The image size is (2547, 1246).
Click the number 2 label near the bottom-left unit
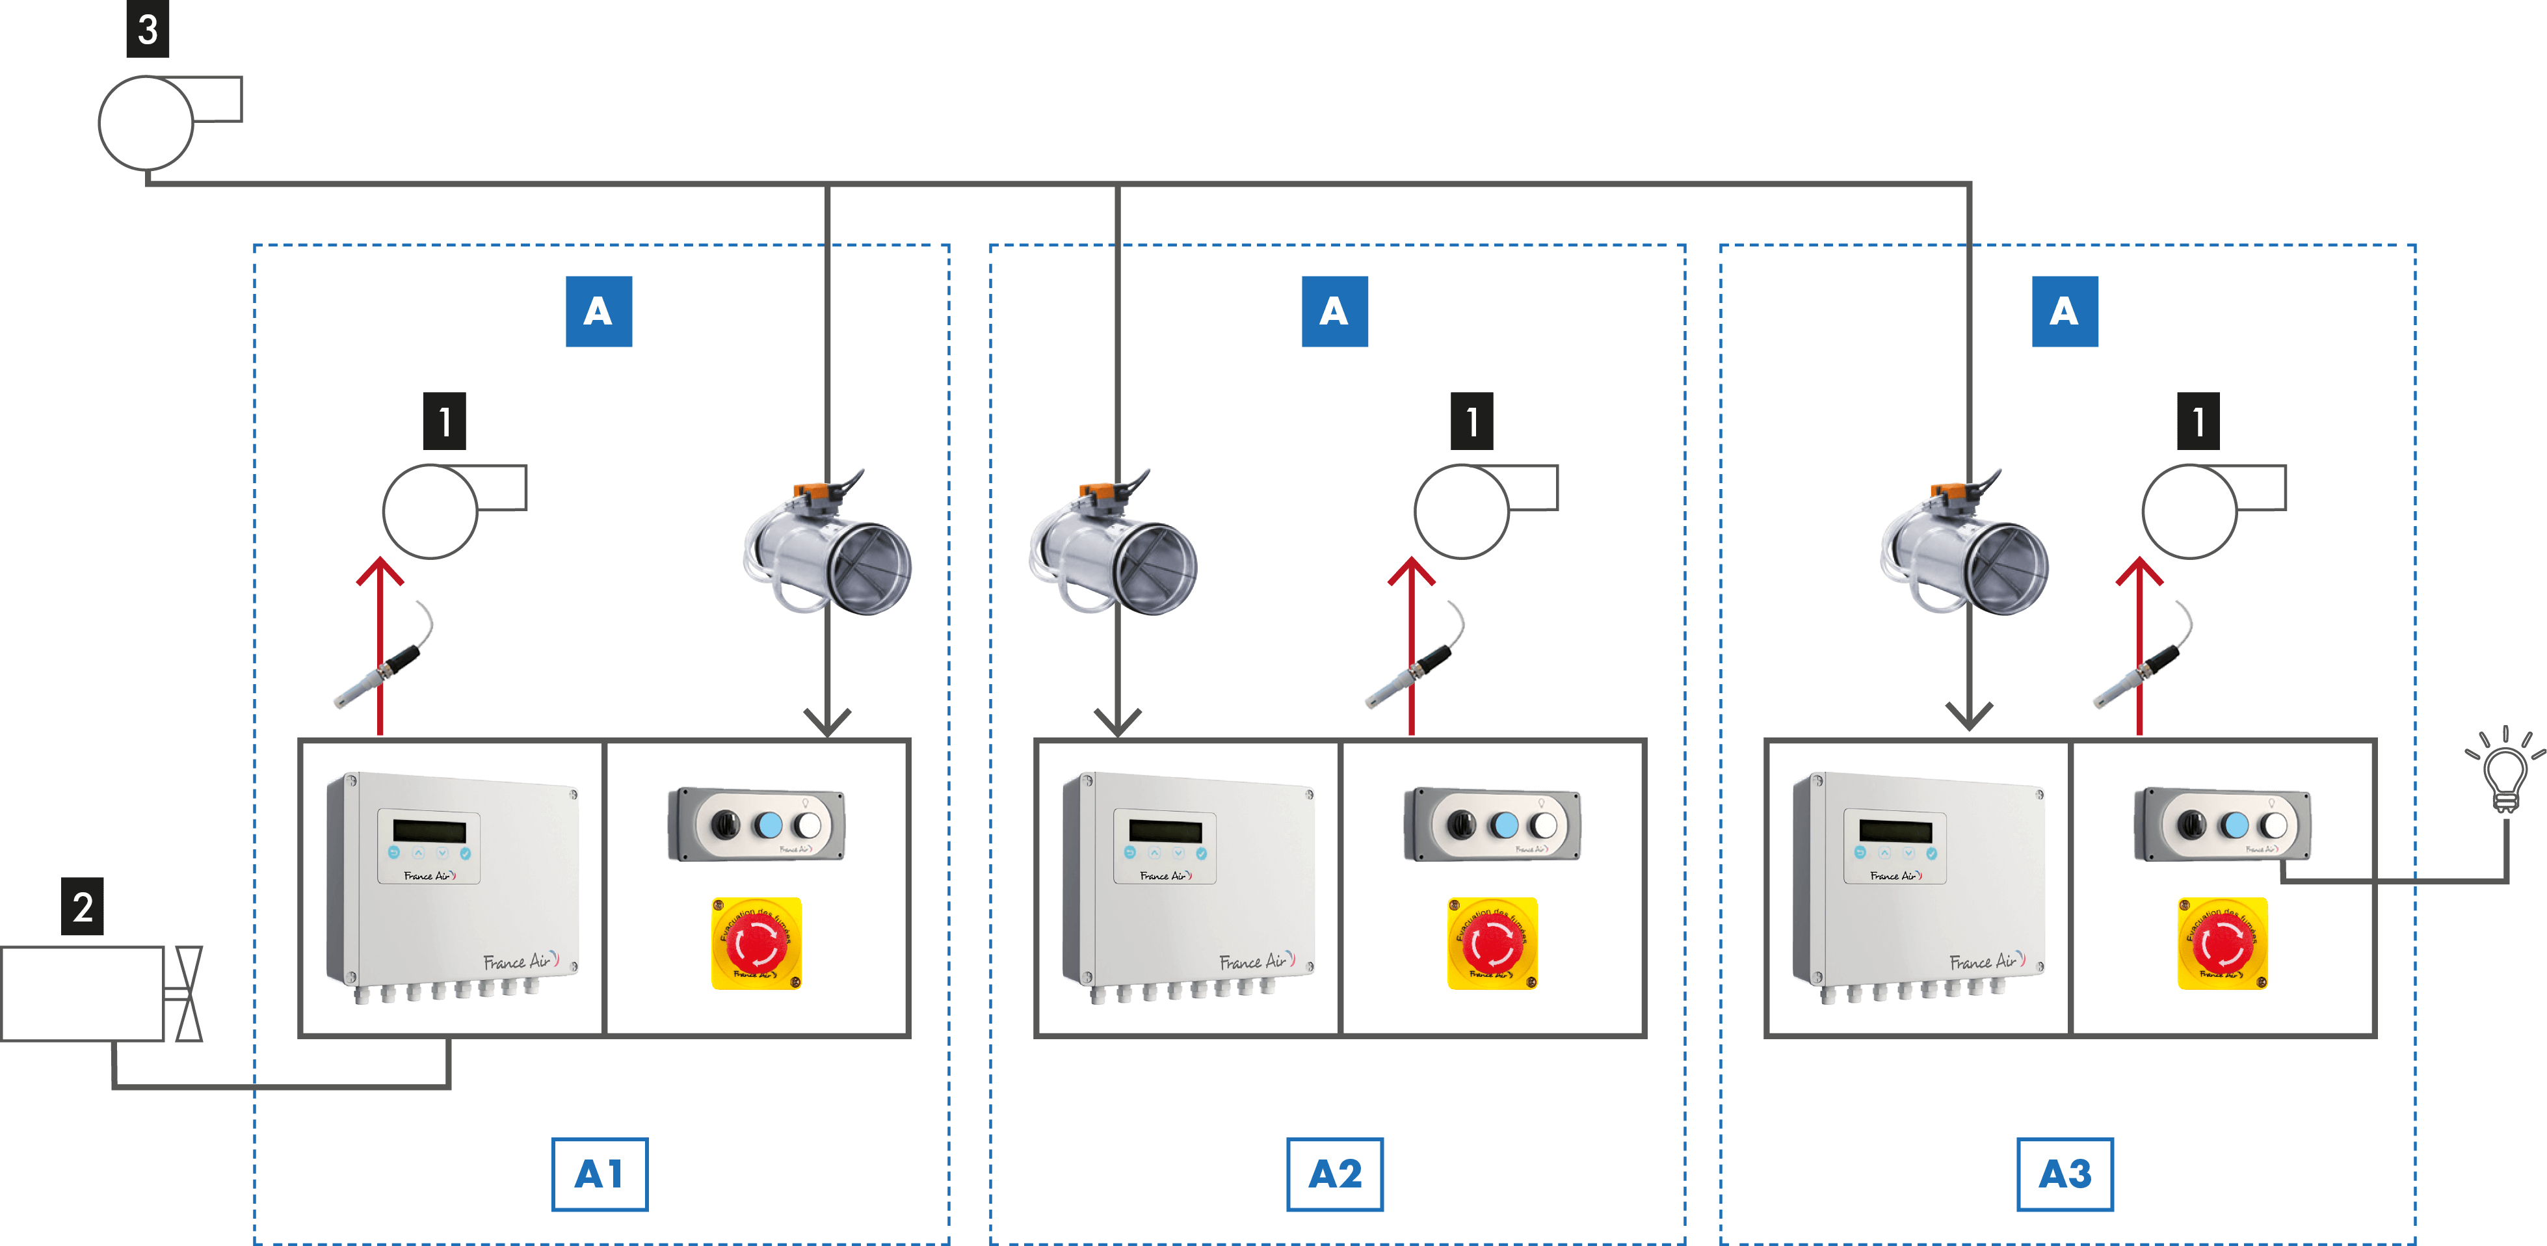point(83,906)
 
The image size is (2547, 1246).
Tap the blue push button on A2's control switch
point(1504,825)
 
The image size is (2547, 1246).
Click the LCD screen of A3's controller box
point(1894,830)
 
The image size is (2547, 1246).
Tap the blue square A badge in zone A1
point(598,311)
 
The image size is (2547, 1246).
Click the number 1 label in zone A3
point(2197,421)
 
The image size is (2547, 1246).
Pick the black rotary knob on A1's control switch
point(726,825)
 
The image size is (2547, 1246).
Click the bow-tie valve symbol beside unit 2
point(188,993)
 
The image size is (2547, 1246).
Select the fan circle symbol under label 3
point(146,124)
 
